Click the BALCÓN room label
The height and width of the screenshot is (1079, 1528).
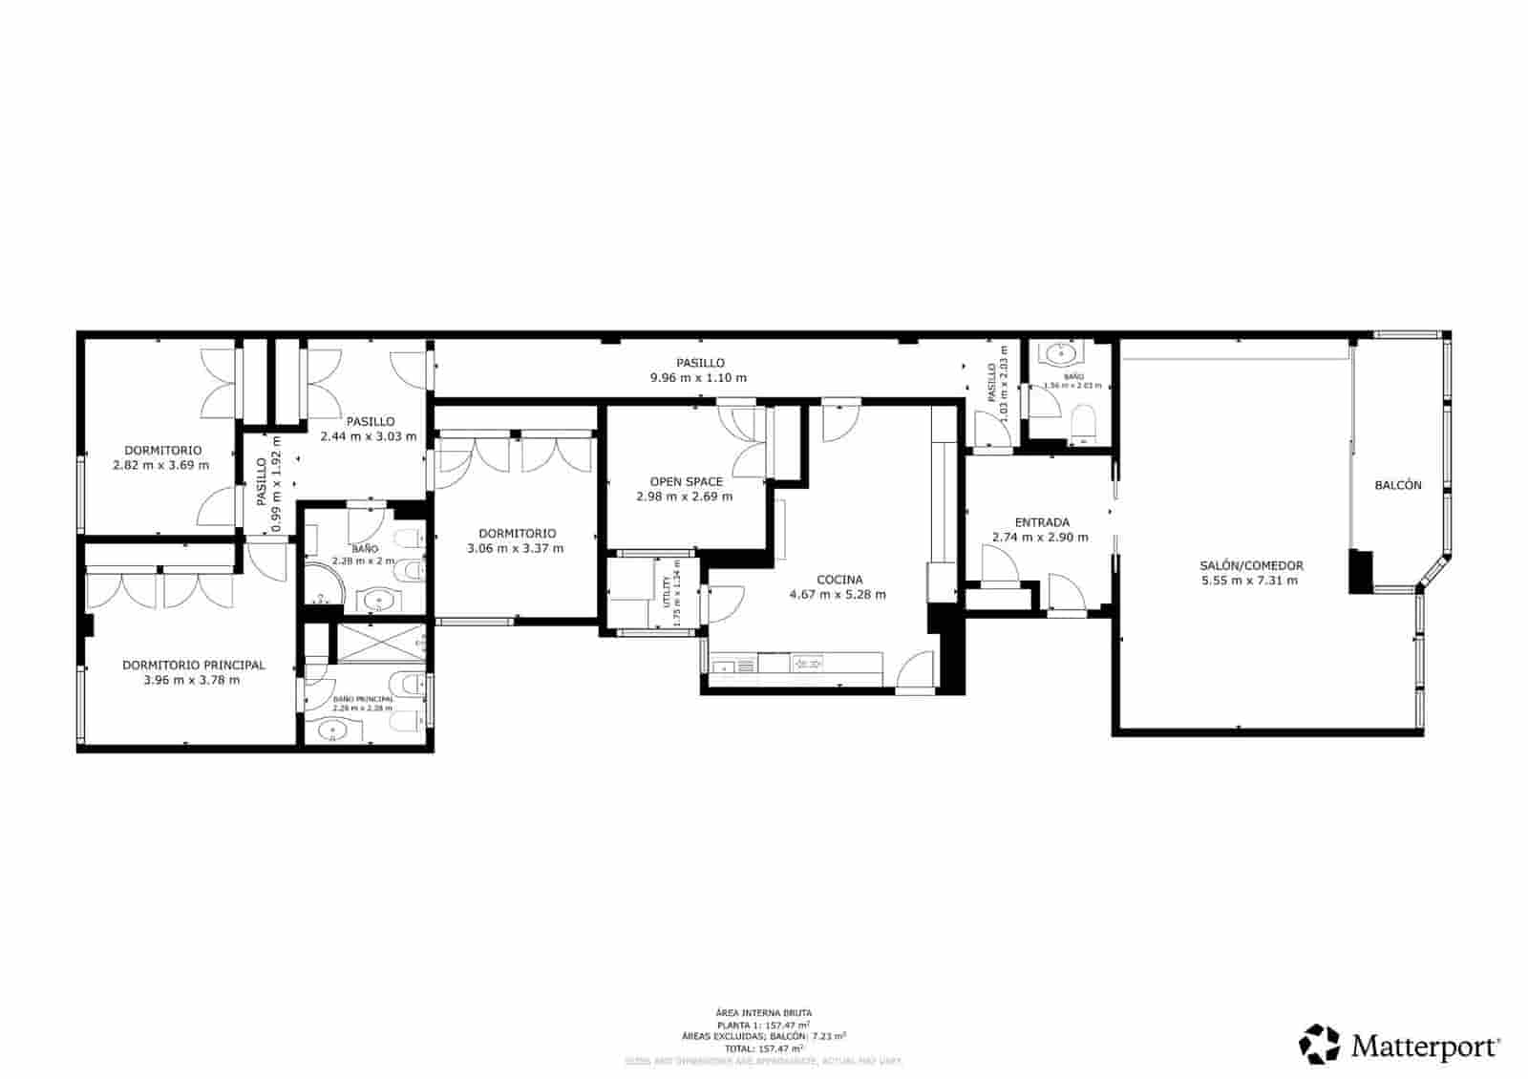(1397, 485)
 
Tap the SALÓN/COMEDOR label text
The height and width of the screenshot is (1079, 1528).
(1251, 565)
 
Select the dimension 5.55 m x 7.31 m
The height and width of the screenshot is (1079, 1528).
(1251, 581)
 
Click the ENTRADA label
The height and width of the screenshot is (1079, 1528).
(1041, 522)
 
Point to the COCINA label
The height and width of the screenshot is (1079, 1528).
(838, 580)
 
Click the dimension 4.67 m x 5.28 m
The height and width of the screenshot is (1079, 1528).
(838, 595)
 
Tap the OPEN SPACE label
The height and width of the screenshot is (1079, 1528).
(686, 482)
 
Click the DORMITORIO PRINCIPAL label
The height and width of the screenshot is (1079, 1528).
(193, 666)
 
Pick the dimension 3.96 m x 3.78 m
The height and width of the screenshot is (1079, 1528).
(192, 681)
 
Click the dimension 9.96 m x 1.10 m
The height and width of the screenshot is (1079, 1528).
(699, 378)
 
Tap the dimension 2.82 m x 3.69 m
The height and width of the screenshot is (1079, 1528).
(161, 465)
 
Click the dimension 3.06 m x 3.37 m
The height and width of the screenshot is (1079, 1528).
(516, 549)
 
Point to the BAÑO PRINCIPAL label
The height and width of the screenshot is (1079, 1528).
(362, 699)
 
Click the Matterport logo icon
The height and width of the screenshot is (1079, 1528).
(1320, 1045)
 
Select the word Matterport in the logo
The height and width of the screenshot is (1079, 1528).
(1424, 1047)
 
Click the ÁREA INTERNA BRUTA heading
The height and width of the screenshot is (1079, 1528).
(764, 1012)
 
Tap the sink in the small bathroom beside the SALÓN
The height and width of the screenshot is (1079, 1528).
(1061, 356)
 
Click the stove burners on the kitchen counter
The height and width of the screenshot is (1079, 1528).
(809, 664)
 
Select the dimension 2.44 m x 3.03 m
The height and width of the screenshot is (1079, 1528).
(369, 436)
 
